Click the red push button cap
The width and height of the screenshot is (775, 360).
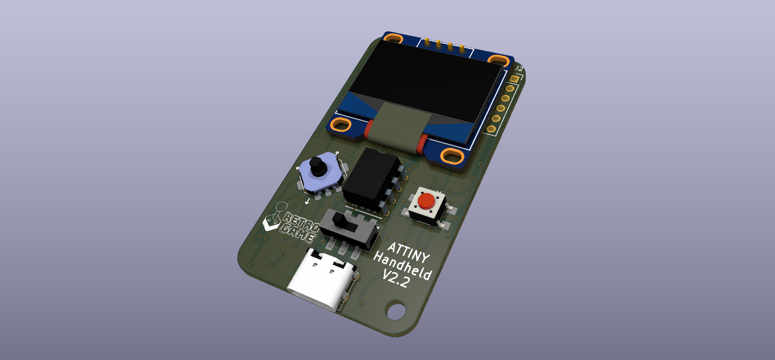tap(426, 201)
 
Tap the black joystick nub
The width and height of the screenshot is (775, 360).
tap(317, 166)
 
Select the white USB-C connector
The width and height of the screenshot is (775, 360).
tap(322, 279)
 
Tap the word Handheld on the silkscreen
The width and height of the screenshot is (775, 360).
tap(402, 266)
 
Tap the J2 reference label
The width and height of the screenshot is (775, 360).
tap(519, 69)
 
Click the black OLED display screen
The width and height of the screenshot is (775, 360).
tap(425, 85)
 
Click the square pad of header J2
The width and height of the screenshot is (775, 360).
tap(513, 79)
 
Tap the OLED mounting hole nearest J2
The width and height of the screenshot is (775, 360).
tap(500, 60)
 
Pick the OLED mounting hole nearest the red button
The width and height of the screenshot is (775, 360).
tap(452, 156)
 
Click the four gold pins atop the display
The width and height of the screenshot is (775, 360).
tap(444, 46)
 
